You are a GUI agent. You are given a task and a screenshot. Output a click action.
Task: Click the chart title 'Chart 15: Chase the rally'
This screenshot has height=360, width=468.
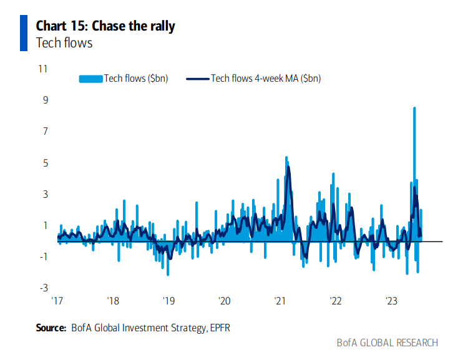coord(105,26)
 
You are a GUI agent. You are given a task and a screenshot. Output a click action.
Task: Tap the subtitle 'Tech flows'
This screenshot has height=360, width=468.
coord(64,42)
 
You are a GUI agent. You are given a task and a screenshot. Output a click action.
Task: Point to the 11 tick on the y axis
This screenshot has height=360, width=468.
coord(44,68)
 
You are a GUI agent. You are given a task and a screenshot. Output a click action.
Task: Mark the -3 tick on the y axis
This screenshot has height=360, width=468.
coord(44,288)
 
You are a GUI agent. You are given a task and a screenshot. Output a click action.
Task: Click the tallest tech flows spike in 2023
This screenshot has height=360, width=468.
coord(414,109)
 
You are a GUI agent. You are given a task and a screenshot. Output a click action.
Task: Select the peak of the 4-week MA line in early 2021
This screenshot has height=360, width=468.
coord(288,167)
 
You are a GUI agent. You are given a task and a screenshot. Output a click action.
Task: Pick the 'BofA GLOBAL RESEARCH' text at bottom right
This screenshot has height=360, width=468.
coord(387,343)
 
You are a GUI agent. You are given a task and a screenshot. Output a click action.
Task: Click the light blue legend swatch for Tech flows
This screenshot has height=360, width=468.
coord(90,78)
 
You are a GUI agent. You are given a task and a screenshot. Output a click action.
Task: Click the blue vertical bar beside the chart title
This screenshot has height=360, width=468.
coord(24,33)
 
